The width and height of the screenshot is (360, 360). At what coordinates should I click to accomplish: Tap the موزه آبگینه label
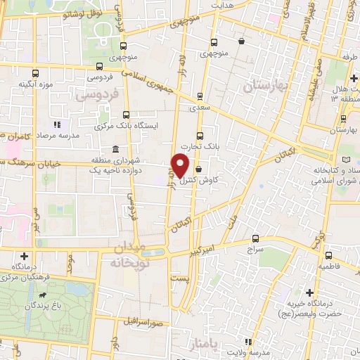click(x=35, y=86)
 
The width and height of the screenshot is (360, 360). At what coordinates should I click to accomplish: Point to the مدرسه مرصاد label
click(x=58, y=134)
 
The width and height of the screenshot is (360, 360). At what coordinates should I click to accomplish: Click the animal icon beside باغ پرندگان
click(x=46, y=295)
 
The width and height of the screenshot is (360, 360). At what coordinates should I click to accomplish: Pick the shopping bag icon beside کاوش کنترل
click(x=199, y=169)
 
